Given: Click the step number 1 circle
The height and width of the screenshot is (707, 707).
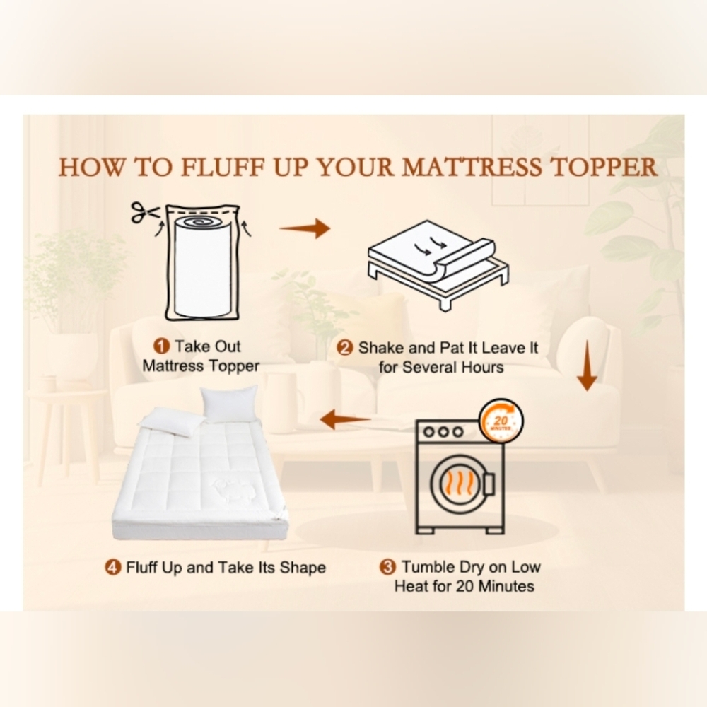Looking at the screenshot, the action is coord(161,346).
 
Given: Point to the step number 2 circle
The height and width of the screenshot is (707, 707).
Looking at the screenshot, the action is coord(345,348).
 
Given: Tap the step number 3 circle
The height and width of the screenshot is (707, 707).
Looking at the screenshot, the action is coord(387,567).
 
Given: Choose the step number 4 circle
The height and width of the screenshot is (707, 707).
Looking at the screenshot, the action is coord(112,568).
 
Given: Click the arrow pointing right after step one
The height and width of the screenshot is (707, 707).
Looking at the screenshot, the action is coord(305,228).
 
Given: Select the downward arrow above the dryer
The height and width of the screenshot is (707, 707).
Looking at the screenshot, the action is coord(587,366).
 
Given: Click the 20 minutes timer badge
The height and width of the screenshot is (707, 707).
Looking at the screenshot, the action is coord(501,421).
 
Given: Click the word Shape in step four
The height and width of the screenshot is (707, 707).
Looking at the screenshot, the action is coord(303,568).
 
